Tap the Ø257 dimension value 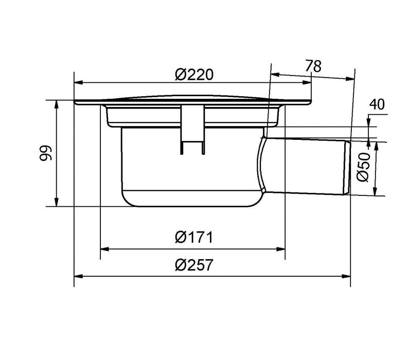pos(193,265)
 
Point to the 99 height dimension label pos(46,153)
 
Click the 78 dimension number pos(313,66)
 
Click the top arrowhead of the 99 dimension pos(57,103)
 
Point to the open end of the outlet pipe pos(348,167)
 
